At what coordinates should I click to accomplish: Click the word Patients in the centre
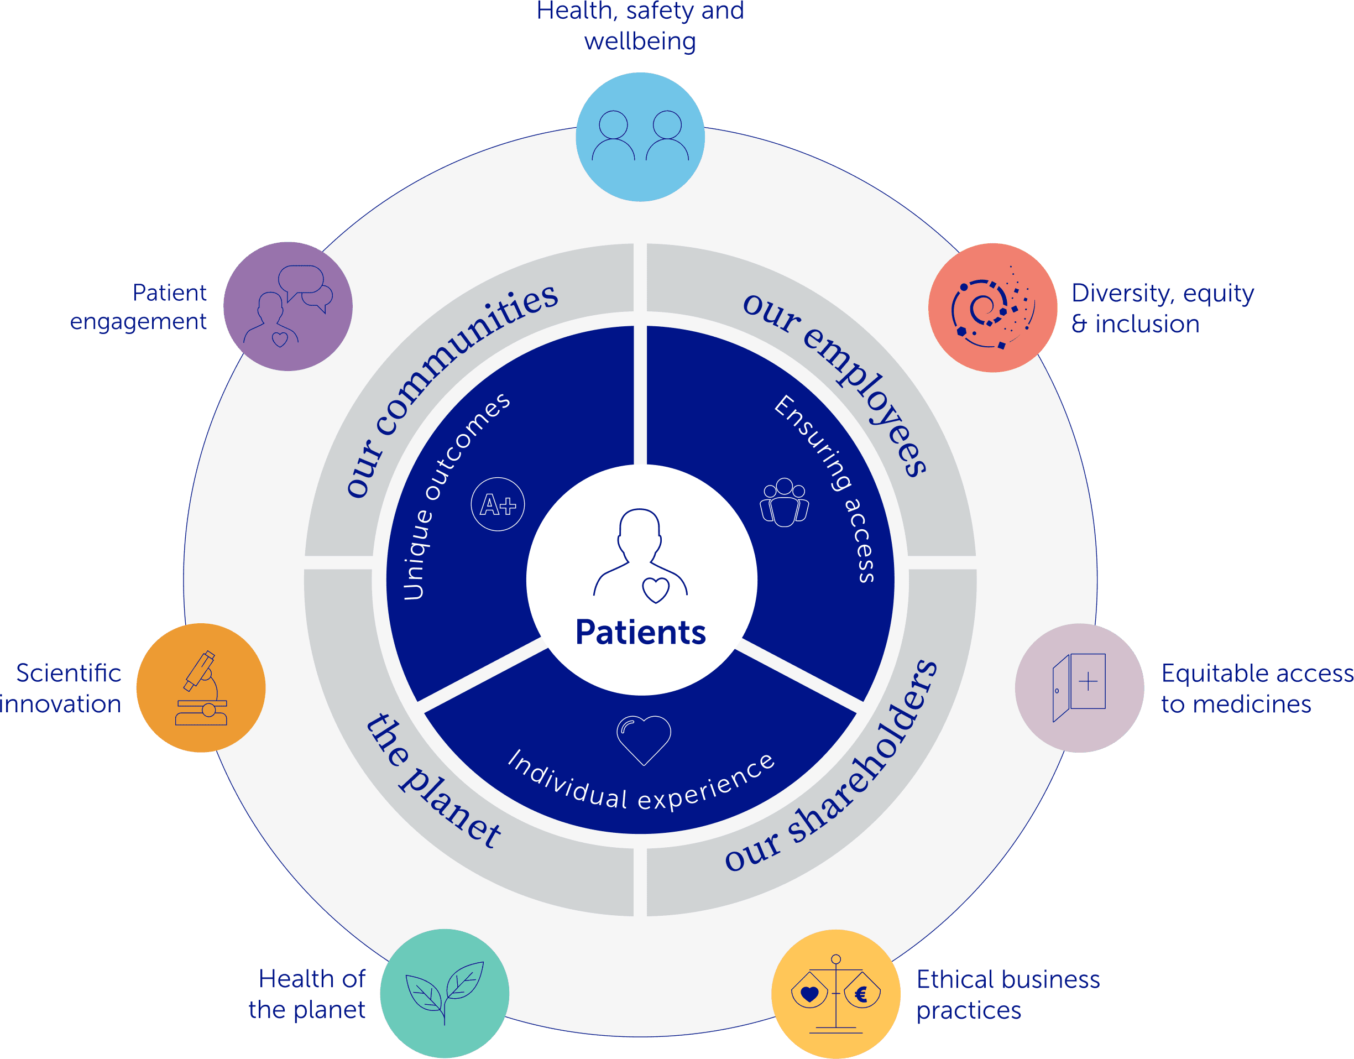(640, 633)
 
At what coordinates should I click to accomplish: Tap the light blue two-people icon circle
(640, 137)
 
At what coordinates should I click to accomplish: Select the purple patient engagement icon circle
(287, 306)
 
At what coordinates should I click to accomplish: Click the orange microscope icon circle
(201, 687)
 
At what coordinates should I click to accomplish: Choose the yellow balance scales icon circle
(836, 993)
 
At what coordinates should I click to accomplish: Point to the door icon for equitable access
(1079, 687)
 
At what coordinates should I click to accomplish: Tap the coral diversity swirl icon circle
(992, 307)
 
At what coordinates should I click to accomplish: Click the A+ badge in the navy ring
(498, 504)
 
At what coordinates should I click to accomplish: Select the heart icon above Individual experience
(644, 739)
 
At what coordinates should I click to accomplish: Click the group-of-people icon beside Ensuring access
(784, 502)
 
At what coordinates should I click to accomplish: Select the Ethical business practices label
(1007, 994)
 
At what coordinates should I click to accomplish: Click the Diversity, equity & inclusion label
(1162, 308)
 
